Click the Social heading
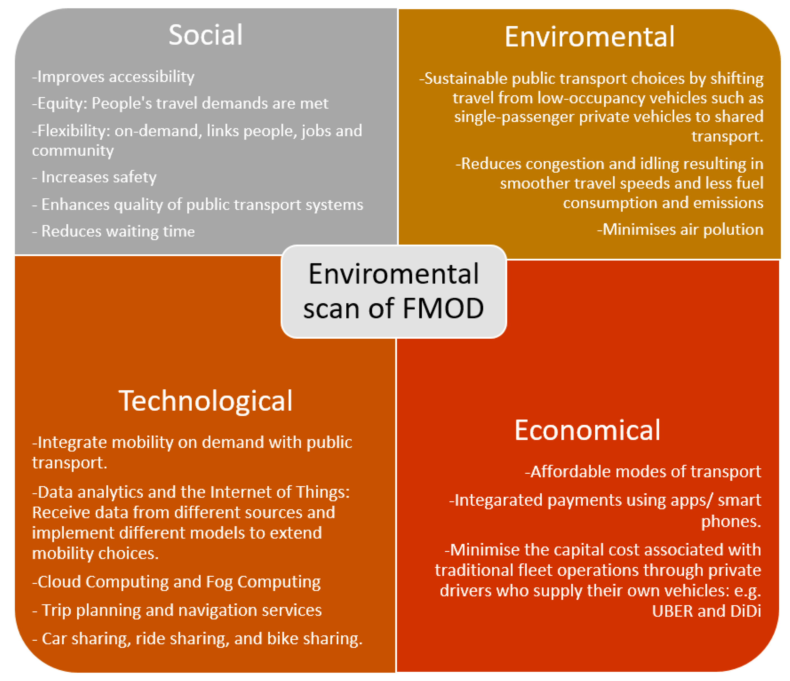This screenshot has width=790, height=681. click(205, 35)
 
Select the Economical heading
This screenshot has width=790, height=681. click(587, 430)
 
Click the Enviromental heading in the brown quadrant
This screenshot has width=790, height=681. click(589, 37)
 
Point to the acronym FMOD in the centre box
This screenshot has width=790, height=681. click(443, 308)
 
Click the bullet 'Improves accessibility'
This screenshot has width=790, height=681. click(113, 77)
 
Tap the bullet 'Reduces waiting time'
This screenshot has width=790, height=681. click(113, 231)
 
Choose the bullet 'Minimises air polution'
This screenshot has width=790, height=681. click(680, 229)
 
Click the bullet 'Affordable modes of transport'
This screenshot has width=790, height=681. click(643, 472)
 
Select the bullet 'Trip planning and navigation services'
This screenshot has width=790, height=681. click(177, 610)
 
